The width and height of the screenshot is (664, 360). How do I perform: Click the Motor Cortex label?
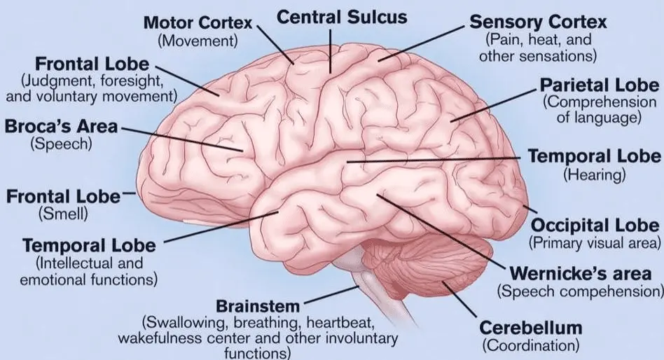pyautogui.click(x=198, y=22)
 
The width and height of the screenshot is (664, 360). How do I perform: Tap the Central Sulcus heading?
pyautogui.click(x=342, y=18)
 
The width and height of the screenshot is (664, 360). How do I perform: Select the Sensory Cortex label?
pyautogui.click(x=538, y=22)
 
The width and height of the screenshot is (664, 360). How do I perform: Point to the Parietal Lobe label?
pyautogui.click(x=599, y=85)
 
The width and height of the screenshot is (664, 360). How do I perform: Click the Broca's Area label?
pyautogui.click(x=61, y=126)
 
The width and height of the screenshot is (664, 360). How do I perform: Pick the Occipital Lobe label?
pyautogui.click(x=595, y=226)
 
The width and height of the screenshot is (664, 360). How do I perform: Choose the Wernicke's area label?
pyautogui.click(x=581, y=274)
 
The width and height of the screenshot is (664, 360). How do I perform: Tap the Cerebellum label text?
pyautogui.click(x=531, y=328)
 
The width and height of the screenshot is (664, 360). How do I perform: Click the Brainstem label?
pyautogui.click(x=258, y=306)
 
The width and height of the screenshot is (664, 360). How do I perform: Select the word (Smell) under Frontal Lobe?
pyautogui.click(x=63, y=214)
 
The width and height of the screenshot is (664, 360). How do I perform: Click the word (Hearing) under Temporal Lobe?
pyautogui.click(x=594, y=174)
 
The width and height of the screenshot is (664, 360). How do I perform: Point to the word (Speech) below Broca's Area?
pyautogui.click(x=61, y=144)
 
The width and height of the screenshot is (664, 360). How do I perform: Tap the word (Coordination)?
pyautogui.click(x=531, y=345)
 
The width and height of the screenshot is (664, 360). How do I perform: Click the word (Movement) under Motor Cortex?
pyautogui.click(x=198, y=41)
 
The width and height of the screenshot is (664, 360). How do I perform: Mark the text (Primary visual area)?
pyautogui.click(x=595, y=242)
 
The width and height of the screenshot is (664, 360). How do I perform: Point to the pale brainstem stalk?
pyautogui.click(x=373, y=288)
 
